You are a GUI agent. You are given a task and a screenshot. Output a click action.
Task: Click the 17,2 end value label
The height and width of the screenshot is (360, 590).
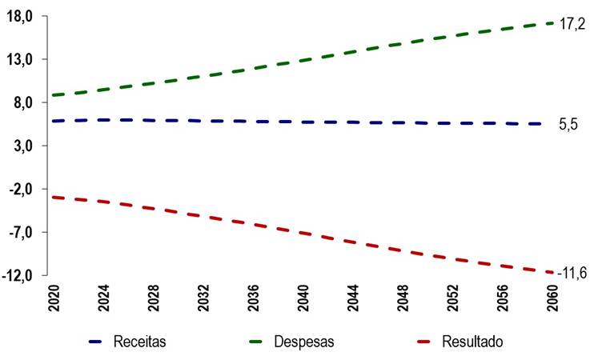(572, 24)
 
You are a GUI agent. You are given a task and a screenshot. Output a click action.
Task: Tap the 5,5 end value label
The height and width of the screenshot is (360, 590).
(568, 125)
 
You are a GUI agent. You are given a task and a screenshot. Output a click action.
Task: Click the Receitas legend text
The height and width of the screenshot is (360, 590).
(140, 342)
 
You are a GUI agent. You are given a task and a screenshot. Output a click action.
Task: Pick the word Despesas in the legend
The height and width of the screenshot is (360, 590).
(304, 342)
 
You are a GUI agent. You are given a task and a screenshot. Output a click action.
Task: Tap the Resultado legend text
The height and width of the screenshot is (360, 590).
(472, 342)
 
